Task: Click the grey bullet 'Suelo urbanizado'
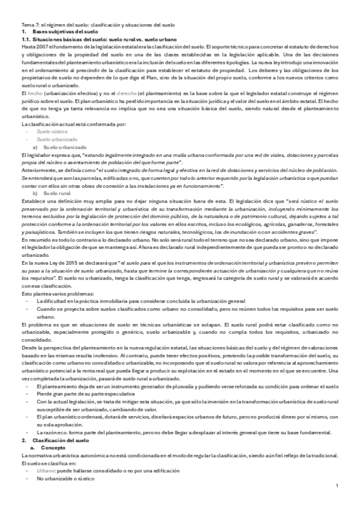pos(53,139)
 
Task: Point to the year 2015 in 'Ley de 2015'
pos(74,263)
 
